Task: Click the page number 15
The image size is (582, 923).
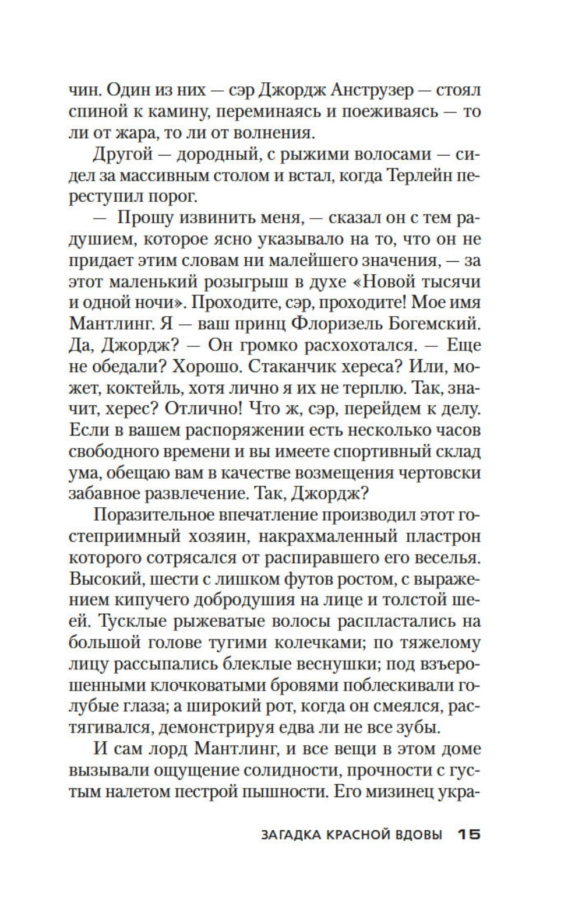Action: point(468,834)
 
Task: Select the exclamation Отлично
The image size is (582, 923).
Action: point(201,409)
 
